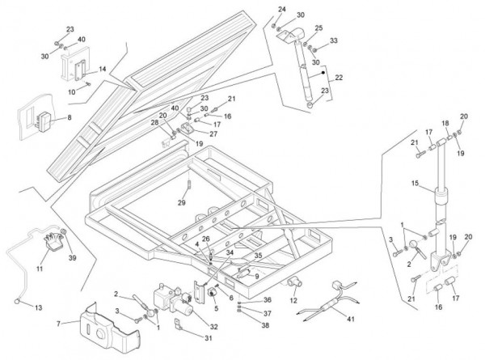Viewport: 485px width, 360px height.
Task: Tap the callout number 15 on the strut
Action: (x=415, y=184)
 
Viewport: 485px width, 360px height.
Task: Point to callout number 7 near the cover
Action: (x=57, y=324)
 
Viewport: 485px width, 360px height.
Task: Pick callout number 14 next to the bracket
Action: (x=102, y=70)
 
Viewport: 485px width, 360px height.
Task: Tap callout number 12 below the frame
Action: (x=293, y=301)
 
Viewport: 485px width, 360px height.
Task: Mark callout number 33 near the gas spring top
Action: (x=334, y=40)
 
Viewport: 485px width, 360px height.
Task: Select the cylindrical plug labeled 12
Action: (x=293, y=282)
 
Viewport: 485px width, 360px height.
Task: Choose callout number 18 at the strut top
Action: (x=444, y=124)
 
